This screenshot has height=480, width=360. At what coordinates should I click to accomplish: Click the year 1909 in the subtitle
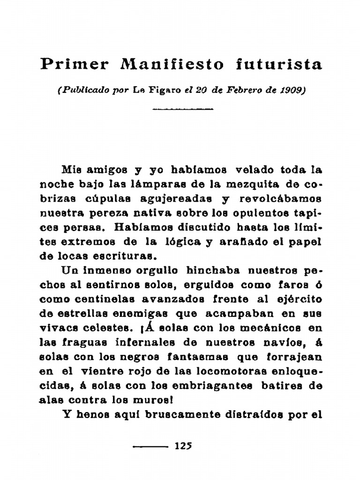(292, 90)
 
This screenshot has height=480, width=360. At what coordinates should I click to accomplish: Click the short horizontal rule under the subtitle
(183, 109)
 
